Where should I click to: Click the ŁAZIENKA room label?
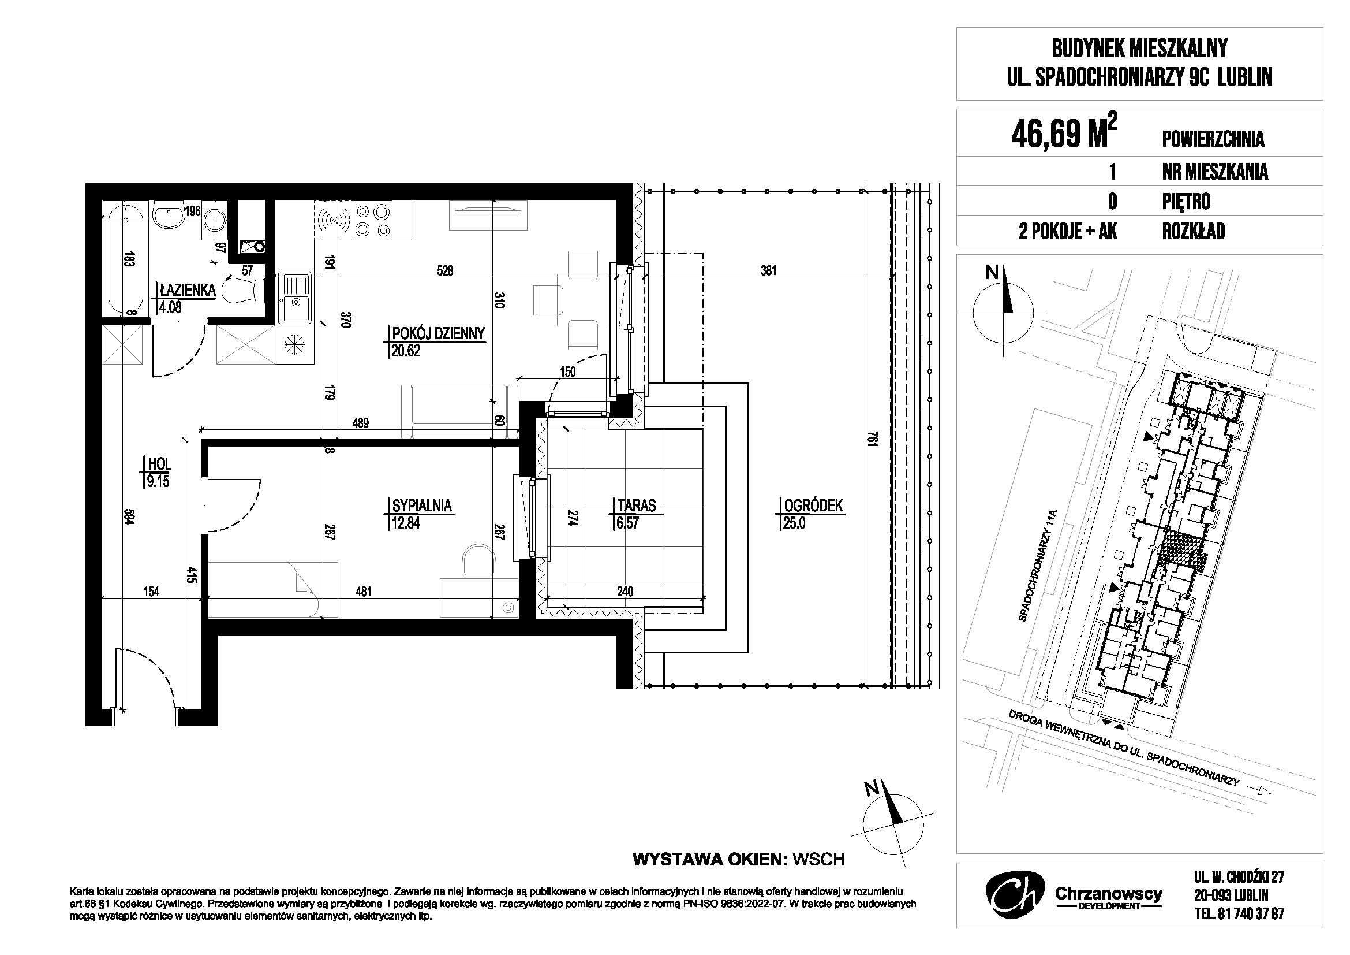click(x=187, y=289)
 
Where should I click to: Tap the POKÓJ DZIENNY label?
click(x=438, y=333)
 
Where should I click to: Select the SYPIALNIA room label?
click(x=421, y=506)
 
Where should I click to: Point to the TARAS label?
click(x=636, y=506)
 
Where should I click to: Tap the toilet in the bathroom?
click(x=241, y=290)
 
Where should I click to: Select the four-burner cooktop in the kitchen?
click(x=373, y=220)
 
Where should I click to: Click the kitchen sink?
click(x=294, y=299)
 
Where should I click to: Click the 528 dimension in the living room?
click(x=446, y=271)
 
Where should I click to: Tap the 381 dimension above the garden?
click(x=768, y=271)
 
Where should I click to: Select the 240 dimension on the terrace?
click(x=624, y=592)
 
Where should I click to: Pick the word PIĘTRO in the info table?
click(x=1187, y=202)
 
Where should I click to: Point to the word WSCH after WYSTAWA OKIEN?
click(x=818, y=860)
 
